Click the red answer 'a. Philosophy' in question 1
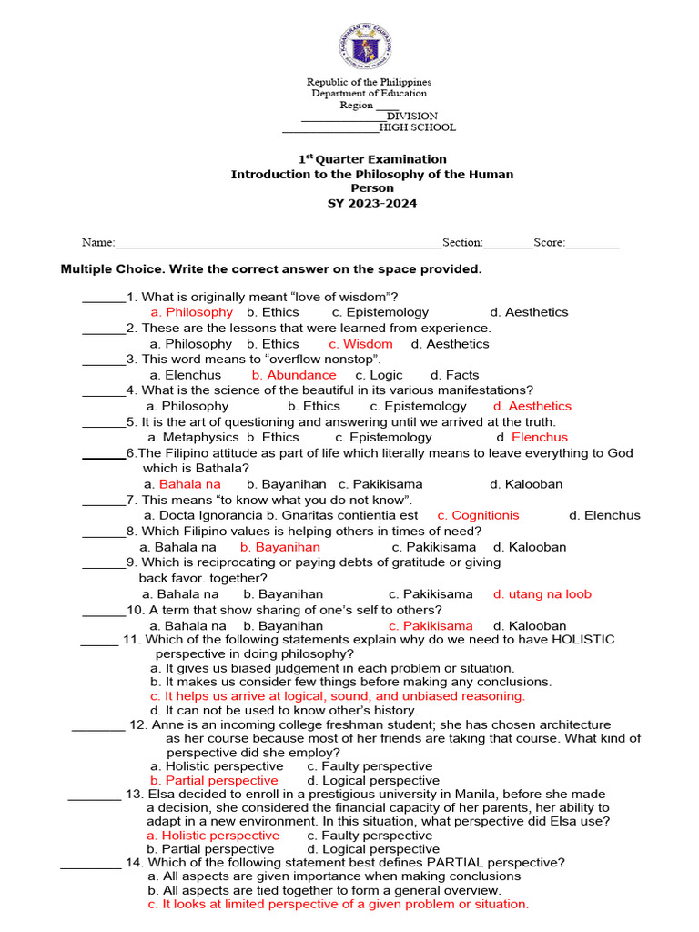(x=192, y=312)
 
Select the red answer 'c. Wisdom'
(x=360, y=344)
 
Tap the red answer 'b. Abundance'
(x=294, y=375)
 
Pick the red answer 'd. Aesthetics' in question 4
(x=532, y=406)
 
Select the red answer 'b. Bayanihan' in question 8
(x=280, y=547)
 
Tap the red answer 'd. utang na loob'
(x=542, y=594)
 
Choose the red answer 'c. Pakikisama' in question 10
(x=431, y=626)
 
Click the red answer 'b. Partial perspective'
(x=214, y=781)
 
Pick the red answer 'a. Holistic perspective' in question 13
(x=213, y=836)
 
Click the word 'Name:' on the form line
(x=98, y=243)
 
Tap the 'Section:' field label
(x=463, y=243)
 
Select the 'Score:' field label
(x=550, y=243)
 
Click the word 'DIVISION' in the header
(x=411, y=116)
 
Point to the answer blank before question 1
(x=104, y=298)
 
